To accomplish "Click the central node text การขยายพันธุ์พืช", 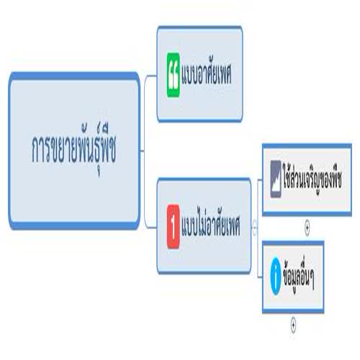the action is pyautogui.click(x=74, y=149).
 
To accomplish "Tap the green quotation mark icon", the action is pyautogui.click(x=174, y=75).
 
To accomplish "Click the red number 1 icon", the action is pyautogui.click(x=174, y=226).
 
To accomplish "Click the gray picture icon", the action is pyautogui.click(x=276, y=179).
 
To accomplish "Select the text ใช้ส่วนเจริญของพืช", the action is pyautogui.click(x=312, y=179).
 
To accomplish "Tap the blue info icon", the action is pyautogui.click(x=276, y=276).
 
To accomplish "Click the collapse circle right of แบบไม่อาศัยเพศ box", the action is pyautogui.click(x=255, y=227).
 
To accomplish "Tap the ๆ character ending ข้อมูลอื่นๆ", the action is pyautogui.click(x=311, y=279).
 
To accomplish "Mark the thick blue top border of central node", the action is pyautogui.click(x=74, y=76).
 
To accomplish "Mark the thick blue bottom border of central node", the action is pyautogui.click(x=74, y=225).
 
